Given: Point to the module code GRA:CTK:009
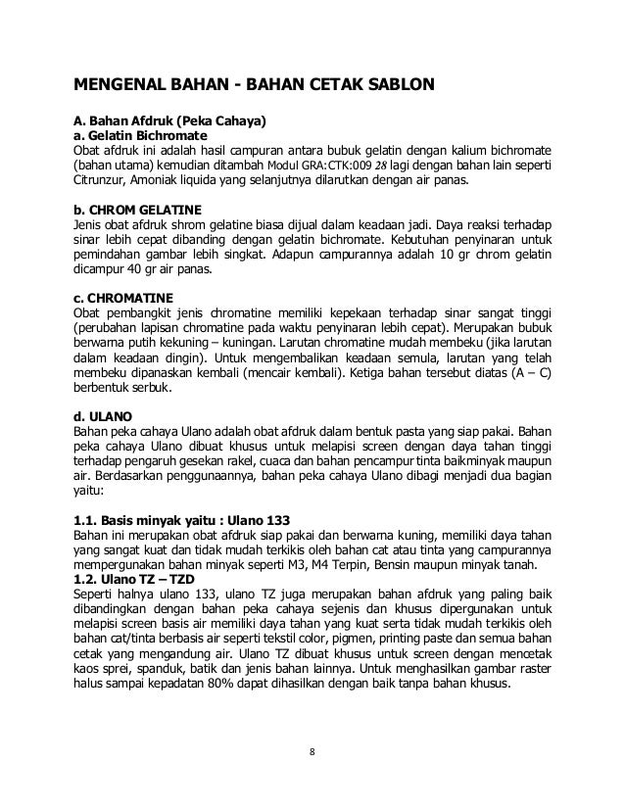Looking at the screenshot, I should tap(320, 166).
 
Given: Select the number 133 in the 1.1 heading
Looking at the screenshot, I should tap(278, 519).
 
